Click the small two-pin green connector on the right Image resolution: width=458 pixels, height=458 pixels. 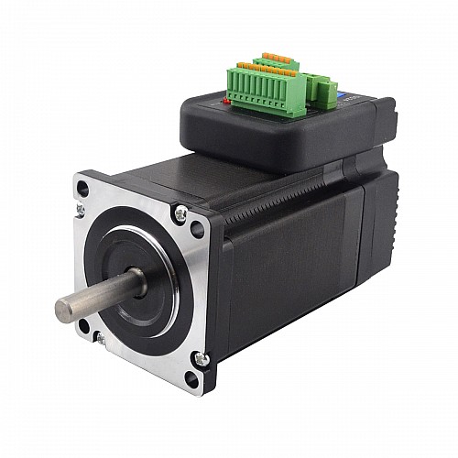[324, 89]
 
